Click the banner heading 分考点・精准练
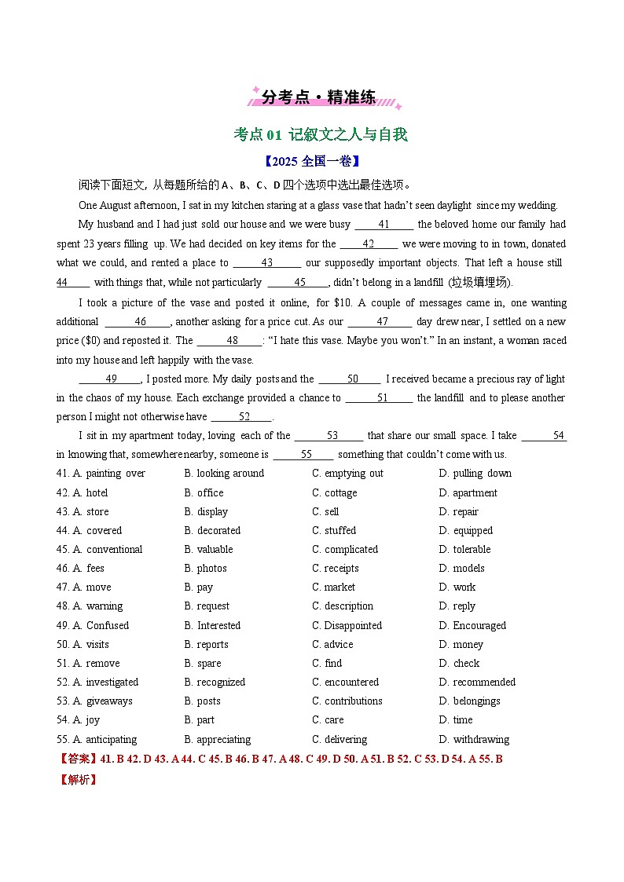tap(318, 97)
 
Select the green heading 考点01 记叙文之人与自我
tap(321, 134)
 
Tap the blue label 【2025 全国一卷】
tap(311, 161)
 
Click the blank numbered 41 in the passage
tap(384, 225)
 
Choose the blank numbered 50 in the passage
tap(351, 379)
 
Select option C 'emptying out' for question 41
tap(347, 474)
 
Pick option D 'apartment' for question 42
tap(468, 493)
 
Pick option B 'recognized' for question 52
tap(215, 683)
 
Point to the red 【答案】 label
tap(77, 759)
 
